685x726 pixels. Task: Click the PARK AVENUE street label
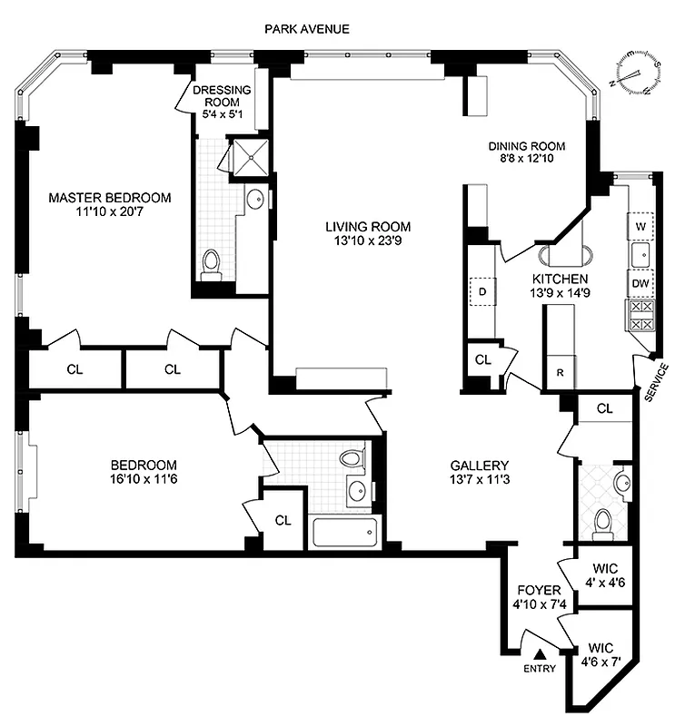click(306, 29)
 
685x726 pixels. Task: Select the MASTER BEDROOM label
click(109, 198)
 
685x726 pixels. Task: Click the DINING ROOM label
click(527, 146)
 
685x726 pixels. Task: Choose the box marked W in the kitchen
click(640, 224)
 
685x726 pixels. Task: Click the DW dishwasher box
click(640, 283)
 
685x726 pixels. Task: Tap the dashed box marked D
click(482, 291)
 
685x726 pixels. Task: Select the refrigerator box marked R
click(559, 373)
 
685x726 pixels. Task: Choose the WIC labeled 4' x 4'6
click(603, 576)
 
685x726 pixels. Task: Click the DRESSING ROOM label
click(222, 97)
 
